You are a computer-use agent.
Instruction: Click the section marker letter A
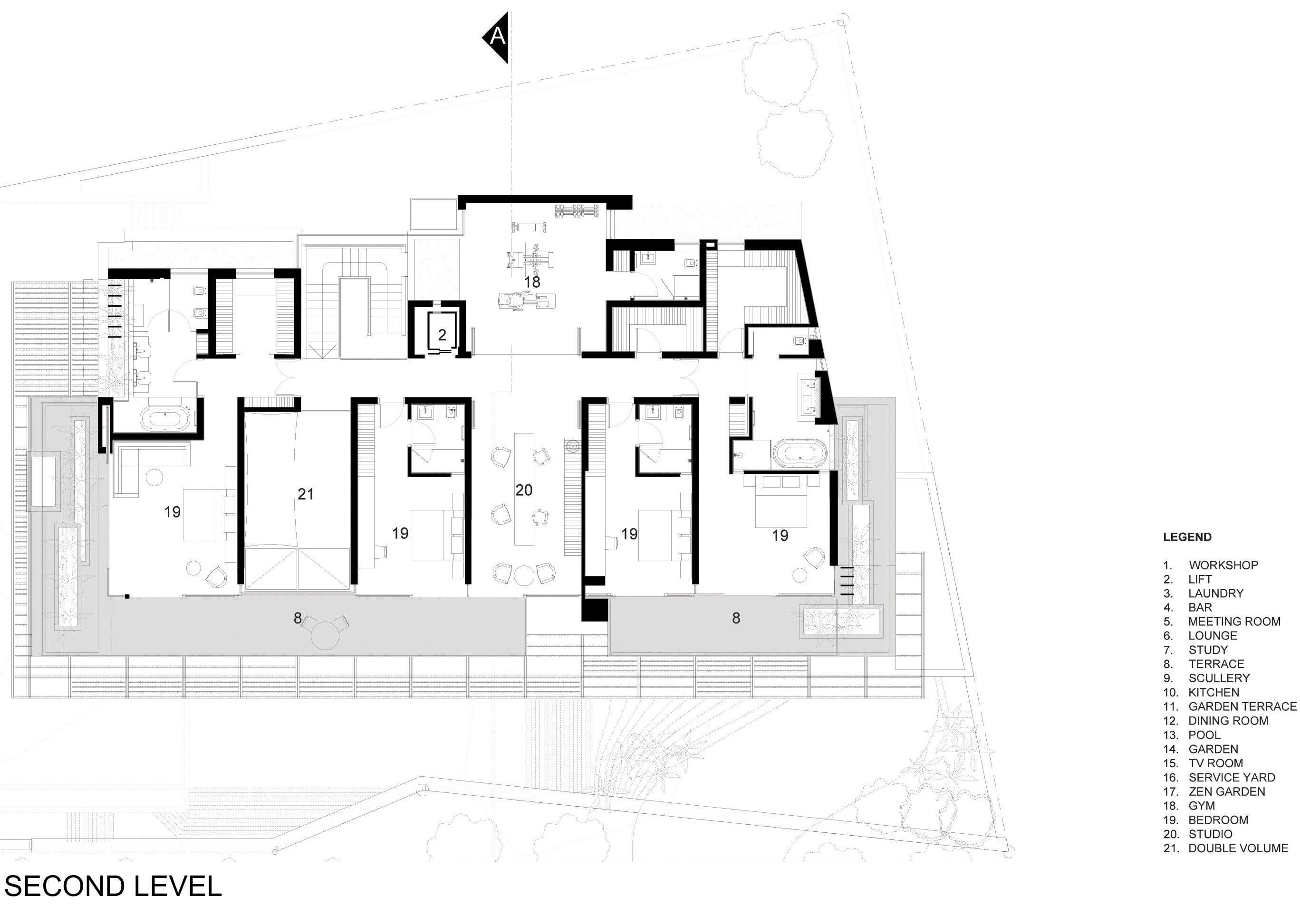coord(497,36)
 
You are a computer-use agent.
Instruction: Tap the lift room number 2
coord(442,335)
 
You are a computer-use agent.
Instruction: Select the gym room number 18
coord(532,282)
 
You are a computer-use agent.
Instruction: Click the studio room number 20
coord(524,490)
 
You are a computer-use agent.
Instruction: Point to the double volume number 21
coord(305,494)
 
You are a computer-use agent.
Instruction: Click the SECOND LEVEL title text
coord(113,886)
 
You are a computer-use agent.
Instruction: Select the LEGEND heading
coord(1187,537)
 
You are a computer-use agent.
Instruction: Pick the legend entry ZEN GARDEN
coord(1226,791)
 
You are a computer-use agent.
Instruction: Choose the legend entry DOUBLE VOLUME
coord(1238,848)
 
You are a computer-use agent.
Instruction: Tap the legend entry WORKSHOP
coord(1223,565)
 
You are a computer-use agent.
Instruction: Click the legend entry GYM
coord(1202,806)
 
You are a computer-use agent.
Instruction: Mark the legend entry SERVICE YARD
coord(1232,777)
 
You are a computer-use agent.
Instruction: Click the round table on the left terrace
coord(326,635)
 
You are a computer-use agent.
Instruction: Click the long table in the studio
coord(524,489)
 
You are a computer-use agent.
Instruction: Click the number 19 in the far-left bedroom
coord(172,512)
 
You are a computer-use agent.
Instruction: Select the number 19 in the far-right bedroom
coord(780,535)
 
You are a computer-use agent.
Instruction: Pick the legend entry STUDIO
coord(1210,834)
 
